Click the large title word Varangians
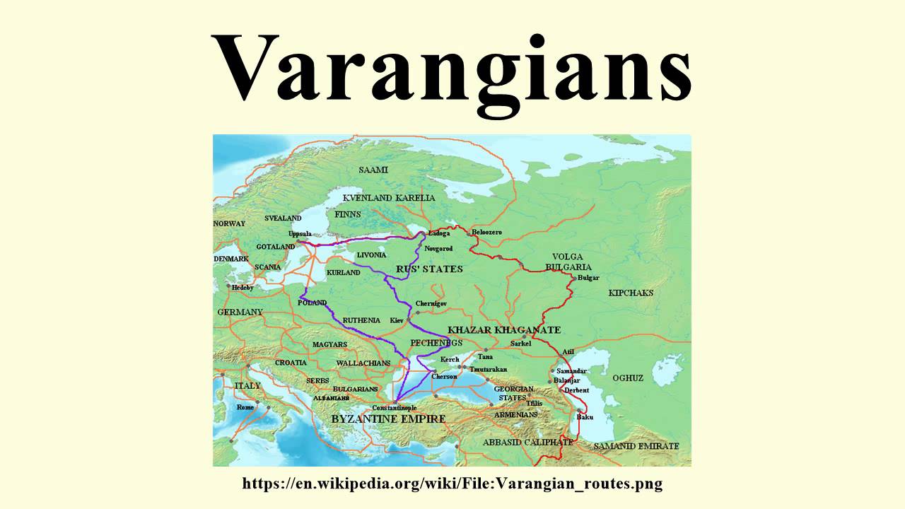coord(452,67)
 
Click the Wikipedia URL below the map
coord(452,484)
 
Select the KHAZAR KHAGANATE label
coord(504,330)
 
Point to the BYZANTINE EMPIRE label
coord(389,419)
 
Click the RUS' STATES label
coord(420,269)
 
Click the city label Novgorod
coord(438,249)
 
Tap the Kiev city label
coord(397,321)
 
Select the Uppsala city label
coord(300,233)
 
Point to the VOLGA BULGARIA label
coord(568,262)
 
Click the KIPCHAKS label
coord(631,293)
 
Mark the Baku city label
coord(585,417)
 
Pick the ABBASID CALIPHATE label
coord(528,442)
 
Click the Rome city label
coord(245,407)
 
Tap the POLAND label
coord(312,303)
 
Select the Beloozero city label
coord(486,232)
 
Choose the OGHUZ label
coord(628,378)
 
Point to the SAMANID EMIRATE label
coord(636,446)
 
